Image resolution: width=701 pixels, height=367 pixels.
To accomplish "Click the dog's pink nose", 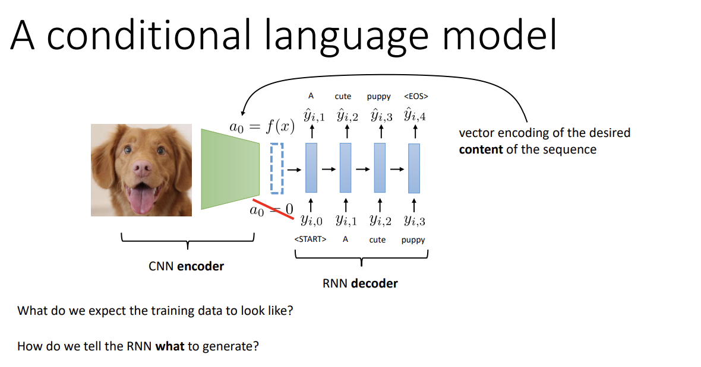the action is [x=142, y=168].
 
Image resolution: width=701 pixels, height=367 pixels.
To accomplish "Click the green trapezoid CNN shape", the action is [x=230, y=169].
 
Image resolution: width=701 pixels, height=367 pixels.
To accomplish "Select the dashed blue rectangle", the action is [x=277, y=168].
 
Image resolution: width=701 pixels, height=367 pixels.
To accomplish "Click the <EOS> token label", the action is [x=416, y=96].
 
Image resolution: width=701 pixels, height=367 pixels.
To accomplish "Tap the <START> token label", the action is [x=310, y=240].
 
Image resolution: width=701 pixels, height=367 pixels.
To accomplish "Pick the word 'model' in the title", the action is [x=500, y=35].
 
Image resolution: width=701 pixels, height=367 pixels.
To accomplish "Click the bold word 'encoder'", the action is [x=201, y=266].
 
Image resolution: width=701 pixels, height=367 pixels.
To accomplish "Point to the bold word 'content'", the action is [x=481, y=149].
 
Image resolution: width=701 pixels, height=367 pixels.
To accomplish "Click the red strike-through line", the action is [x=273, y=209].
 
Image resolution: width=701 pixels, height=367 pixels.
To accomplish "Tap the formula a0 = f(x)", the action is [x=262, y=127].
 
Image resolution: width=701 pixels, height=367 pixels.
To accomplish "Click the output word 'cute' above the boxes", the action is [x=343, y=96].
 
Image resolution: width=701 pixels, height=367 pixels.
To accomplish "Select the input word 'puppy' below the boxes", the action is [x=413, y=240].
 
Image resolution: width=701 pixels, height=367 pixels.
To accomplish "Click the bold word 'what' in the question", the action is [x=170, y=346].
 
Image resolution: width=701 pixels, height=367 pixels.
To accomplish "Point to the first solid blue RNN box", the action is [x=311, y=168].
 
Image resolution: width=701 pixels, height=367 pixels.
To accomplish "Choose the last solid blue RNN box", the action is [x=414, y=168].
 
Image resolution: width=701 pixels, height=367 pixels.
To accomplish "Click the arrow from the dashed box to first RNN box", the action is [x=294, y=170].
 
